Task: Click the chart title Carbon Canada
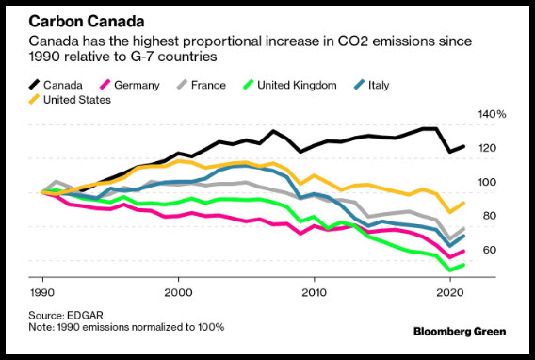pos(87,22)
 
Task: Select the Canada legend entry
pos(56,85)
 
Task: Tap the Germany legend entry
pos(130,85)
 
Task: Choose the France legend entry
pos(202,85)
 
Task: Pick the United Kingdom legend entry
pos(290,85)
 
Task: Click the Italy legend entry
pos(371,85)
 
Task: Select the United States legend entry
pos(70,100)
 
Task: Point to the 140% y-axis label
pos(492,114)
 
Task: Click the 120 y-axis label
pos(487,148)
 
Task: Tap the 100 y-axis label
pos(487,182)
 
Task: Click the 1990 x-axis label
pos(42,293)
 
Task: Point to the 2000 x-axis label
pos(178,293)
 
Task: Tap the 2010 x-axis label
pos(314,293)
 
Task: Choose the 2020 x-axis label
pos(450,293)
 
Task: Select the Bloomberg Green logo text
pos(460,332)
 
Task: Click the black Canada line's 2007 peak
pos(273,131)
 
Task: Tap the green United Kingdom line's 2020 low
pos(450,270)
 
